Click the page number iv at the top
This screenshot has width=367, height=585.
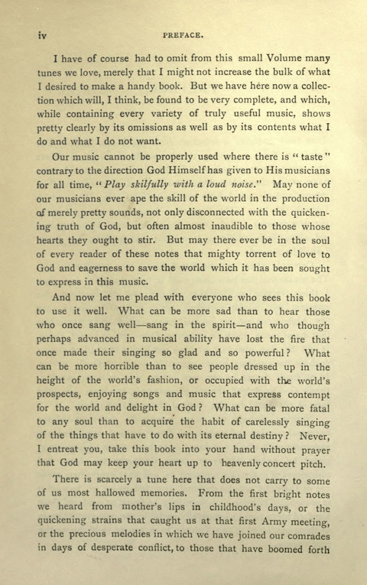[34, 34]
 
